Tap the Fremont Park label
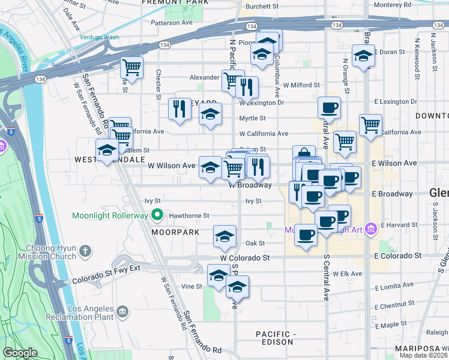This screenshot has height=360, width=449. coord(175,2)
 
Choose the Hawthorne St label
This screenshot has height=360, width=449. coord(189,215)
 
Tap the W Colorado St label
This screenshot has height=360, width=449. coord(244,257)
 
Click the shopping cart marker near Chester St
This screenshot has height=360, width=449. coord(132,66)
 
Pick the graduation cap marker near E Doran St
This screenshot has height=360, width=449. coord(363,57)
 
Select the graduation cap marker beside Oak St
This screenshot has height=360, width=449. coord(224,236)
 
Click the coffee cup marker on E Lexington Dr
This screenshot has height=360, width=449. coord(329,108)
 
